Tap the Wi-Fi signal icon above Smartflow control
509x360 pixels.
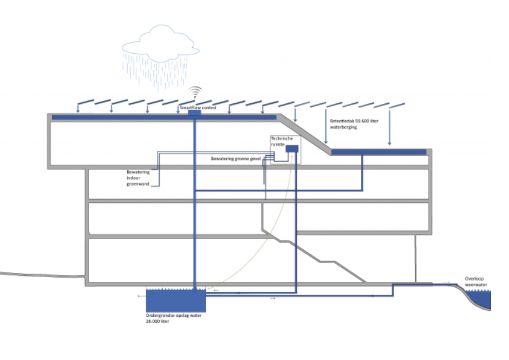pyautogui.click(x=195, y=93)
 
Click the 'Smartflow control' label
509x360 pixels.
pyautogui.click(x=198, y=107)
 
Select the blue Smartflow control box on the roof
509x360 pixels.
pyautogui.click(x=195, y=113)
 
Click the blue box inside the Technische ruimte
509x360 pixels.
pyautogui.click(x=292, y=149)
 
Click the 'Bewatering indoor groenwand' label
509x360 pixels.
pyautogui.click(x=138, y=178)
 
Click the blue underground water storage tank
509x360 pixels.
pyautogui.click(x=175, y=300)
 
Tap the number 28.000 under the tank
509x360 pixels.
pyautogui.click(x=154, y=321)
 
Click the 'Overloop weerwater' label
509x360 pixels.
pyautogui.click(x=475, y=282)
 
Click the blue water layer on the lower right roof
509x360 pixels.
pyautogui.click(x=379, y=152)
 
